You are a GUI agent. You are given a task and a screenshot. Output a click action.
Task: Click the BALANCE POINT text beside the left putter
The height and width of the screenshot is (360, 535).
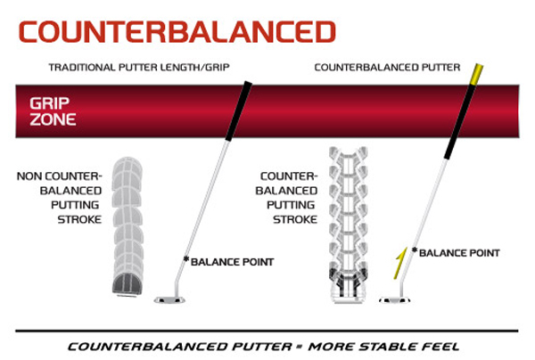coord(233,261)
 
